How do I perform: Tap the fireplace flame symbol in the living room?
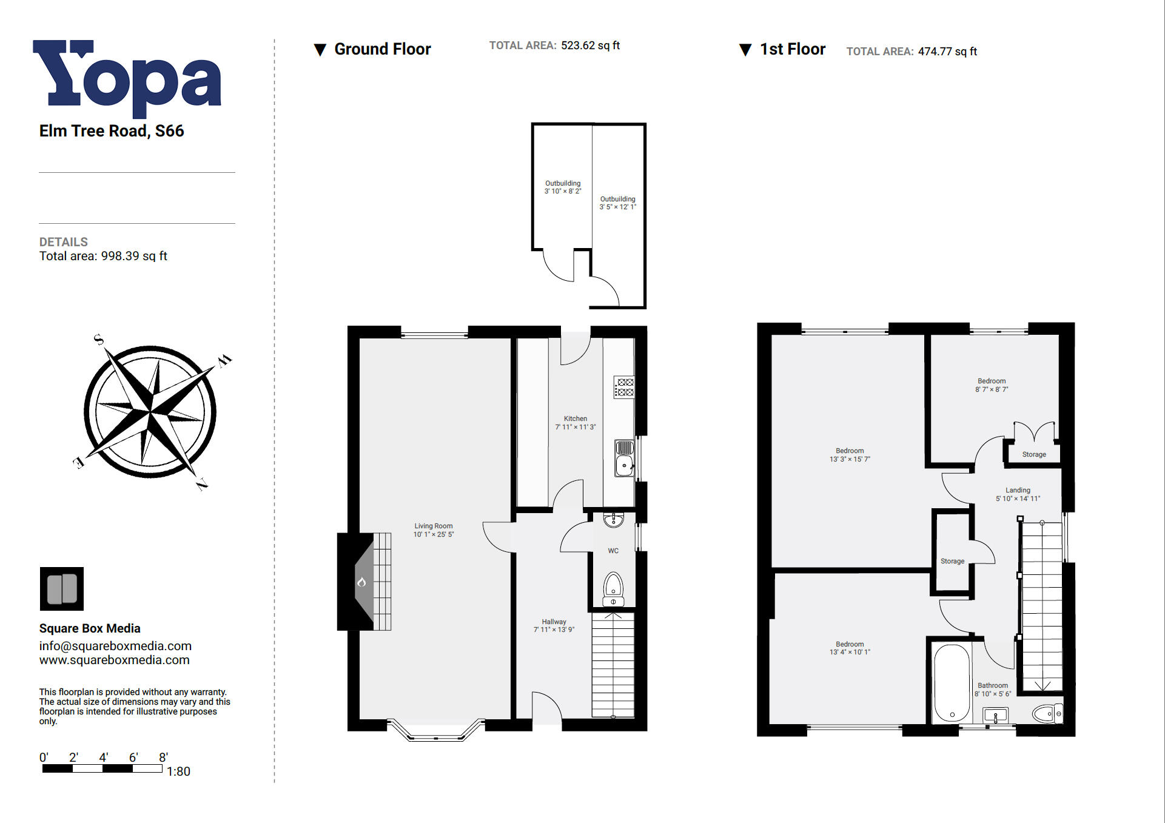pos(361,582)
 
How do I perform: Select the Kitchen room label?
pos(575,418)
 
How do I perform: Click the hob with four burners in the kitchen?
pos(624,387)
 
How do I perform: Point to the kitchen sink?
pos(624,466)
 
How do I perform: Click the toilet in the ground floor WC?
pos(613,586)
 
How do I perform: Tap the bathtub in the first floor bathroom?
pos(952,683)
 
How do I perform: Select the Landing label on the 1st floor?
pos(1018,490)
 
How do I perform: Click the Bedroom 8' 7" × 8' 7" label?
pos(992,385)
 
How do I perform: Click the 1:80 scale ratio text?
pos(178,771)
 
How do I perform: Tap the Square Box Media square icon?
pos(61,588)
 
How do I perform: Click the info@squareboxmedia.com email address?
pos(115,646)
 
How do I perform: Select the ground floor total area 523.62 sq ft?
pos(590,45)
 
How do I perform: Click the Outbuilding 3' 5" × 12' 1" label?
pos(617,203)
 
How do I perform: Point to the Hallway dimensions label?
pos(554,630)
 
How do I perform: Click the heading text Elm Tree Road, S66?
pos(112,131)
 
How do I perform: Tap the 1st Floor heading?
pos(792,49)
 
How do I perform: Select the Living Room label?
pos(433,526)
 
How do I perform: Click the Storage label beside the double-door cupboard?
pos(1033,454)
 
